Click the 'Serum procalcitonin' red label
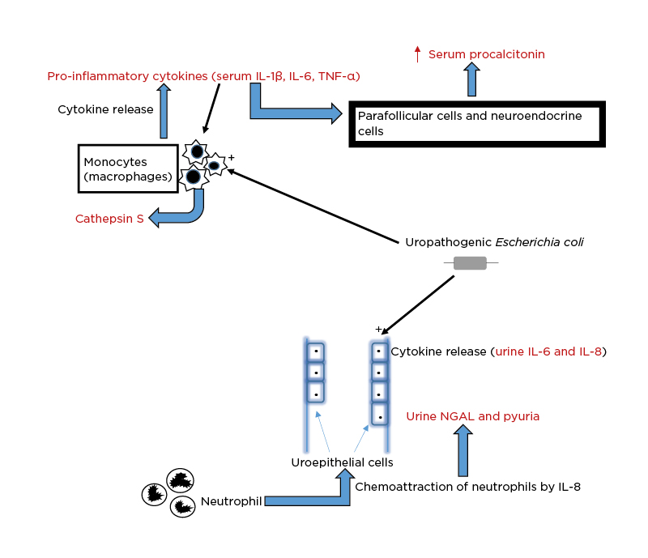[486, 54]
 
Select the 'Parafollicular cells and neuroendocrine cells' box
[477, 124]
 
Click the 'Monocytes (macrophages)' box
[128, 168]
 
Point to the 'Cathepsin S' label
[109, 219]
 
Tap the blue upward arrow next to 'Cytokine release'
[164, 112]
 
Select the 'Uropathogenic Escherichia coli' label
[494, 242]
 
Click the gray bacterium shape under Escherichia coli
[470, 263]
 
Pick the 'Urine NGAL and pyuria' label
[472, 416]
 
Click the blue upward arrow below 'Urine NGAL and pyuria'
[463, 452]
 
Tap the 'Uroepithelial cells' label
[342, 462]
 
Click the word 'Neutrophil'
[231, 501]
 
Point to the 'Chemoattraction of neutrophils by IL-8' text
[467, 487]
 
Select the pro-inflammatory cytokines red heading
[203, 76]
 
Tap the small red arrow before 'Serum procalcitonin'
[417, 55]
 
